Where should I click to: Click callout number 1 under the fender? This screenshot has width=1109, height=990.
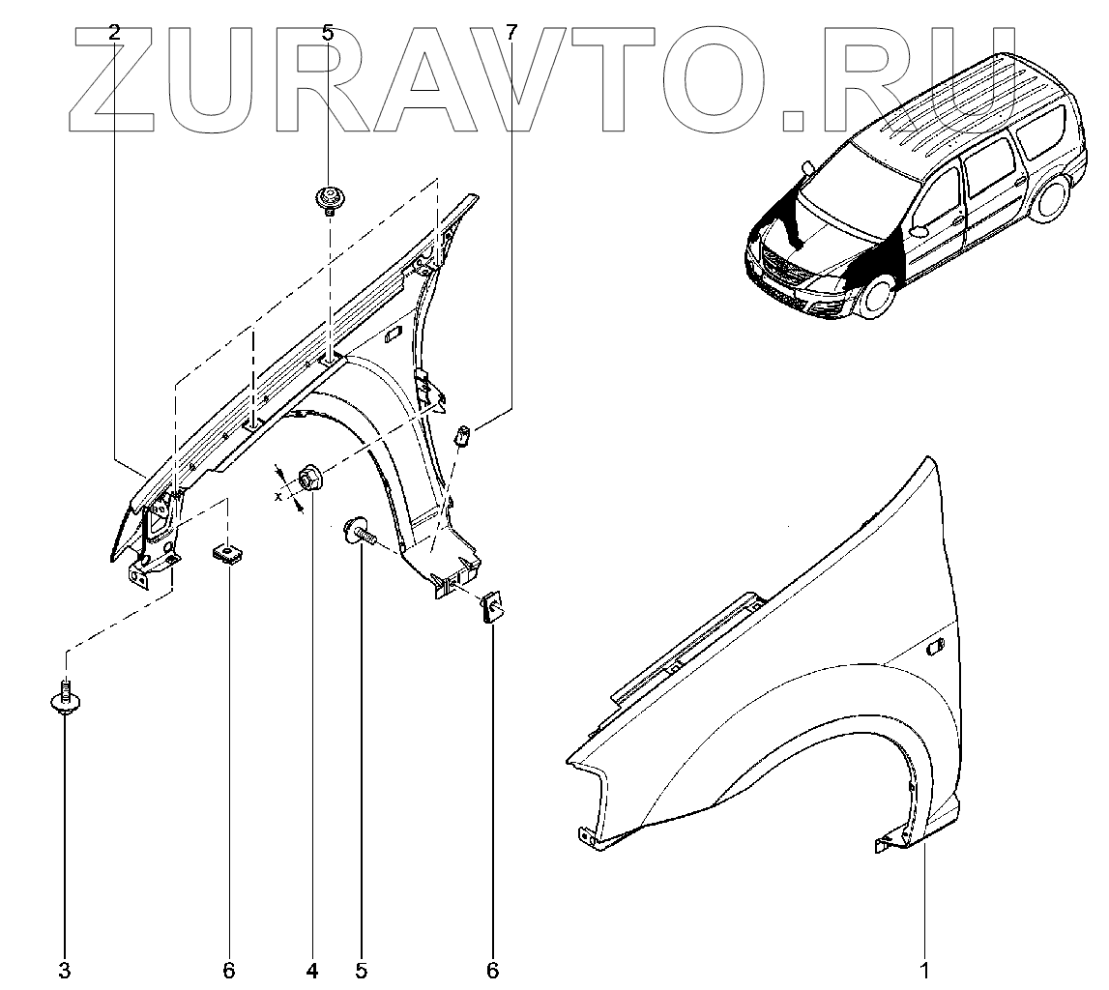coord(925,969)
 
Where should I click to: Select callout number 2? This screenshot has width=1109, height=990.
coord(115,32)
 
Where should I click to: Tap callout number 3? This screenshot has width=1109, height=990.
coord(65,969)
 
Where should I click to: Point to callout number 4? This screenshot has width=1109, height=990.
coord(312,969)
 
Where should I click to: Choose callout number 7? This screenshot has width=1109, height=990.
coord(511,32)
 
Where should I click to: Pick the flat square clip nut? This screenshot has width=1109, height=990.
coord(228,555)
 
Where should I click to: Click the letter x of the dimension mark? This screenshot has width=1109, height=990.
coord(277,496)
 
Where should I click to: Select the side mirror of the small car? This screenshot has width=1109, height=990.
coord(919,231)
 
